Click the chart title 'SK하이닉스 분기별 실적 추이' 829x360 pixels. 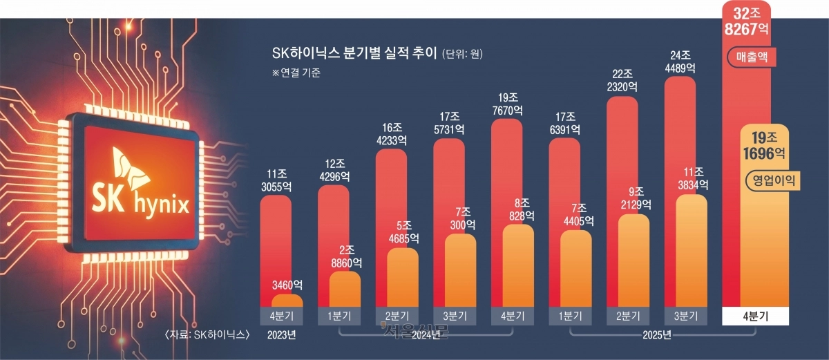[355, 53]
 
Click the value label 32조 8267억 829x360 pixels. [747, 21]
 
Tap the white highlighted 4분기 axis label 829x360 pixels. [755, 316]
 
